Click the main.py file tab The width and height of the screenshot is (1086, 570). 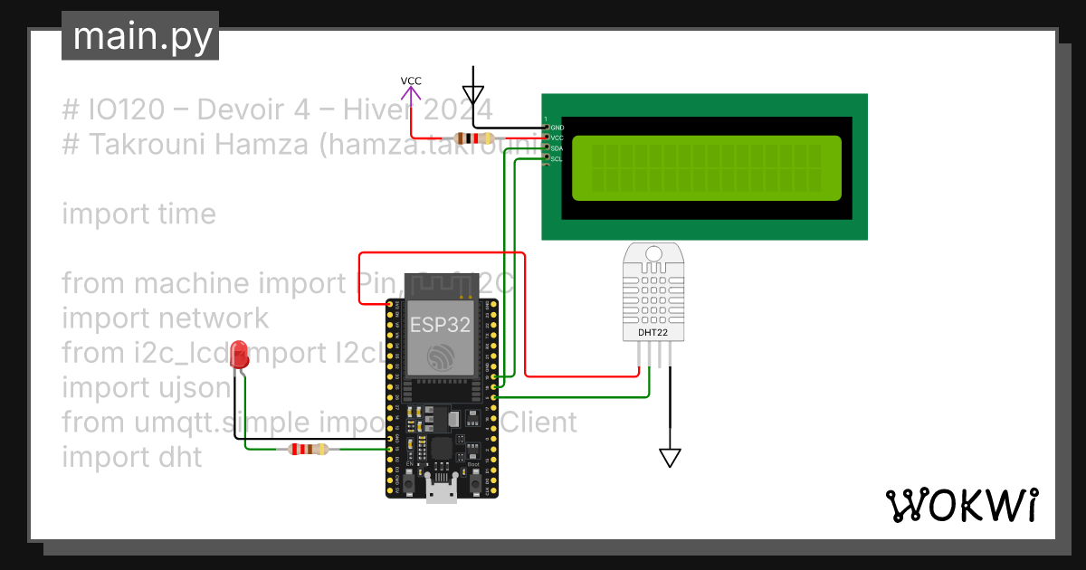140,36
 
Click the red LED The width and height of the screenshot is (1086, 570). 240,354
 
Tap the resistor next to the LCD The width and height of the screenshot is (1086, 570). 474,138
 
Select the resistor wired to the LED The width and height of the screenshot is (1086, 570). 308,449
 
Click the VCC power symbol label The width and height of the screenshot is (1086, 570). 411,81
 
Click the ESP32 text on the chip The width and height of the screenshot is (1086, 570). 440,325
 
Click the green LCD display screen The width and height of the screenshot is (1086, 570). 706,168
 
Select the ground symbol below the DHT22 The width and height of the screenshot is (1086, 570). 670,458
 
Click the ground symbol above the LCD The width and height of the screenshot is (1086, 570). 472,93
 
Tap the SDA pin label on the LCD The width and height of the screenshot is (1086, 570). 557,147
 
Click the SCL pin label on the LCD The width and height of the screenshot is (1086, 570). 557,158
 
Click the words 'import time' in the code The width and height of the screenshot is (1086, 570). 138,214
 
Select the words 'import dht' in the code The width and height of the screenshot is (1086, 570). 131,457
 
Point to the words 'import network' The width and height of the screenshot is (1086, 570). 165,318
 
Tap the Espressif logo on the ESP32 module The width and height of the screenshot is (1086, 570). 440,356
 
